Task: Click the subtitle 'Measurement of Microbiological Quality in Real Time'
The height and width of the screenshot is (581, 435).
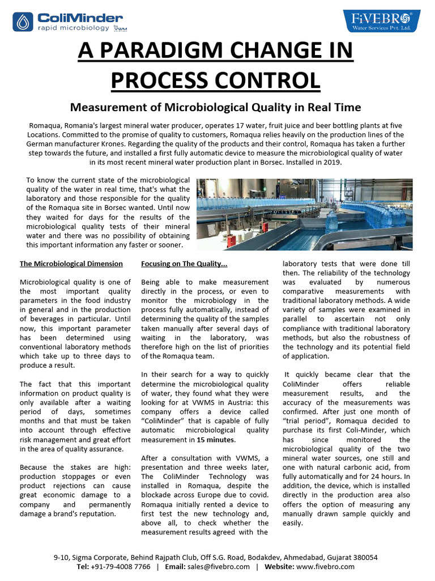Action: [215, 107]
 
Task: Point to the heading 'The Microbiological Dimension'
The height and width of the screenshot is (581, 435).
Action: [71, 264]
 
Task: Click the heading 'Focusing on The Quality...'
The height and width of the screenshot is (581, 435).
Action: [184, 264]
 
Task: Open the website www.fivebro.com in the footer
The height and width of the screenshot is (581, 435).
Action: [325, 567]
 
